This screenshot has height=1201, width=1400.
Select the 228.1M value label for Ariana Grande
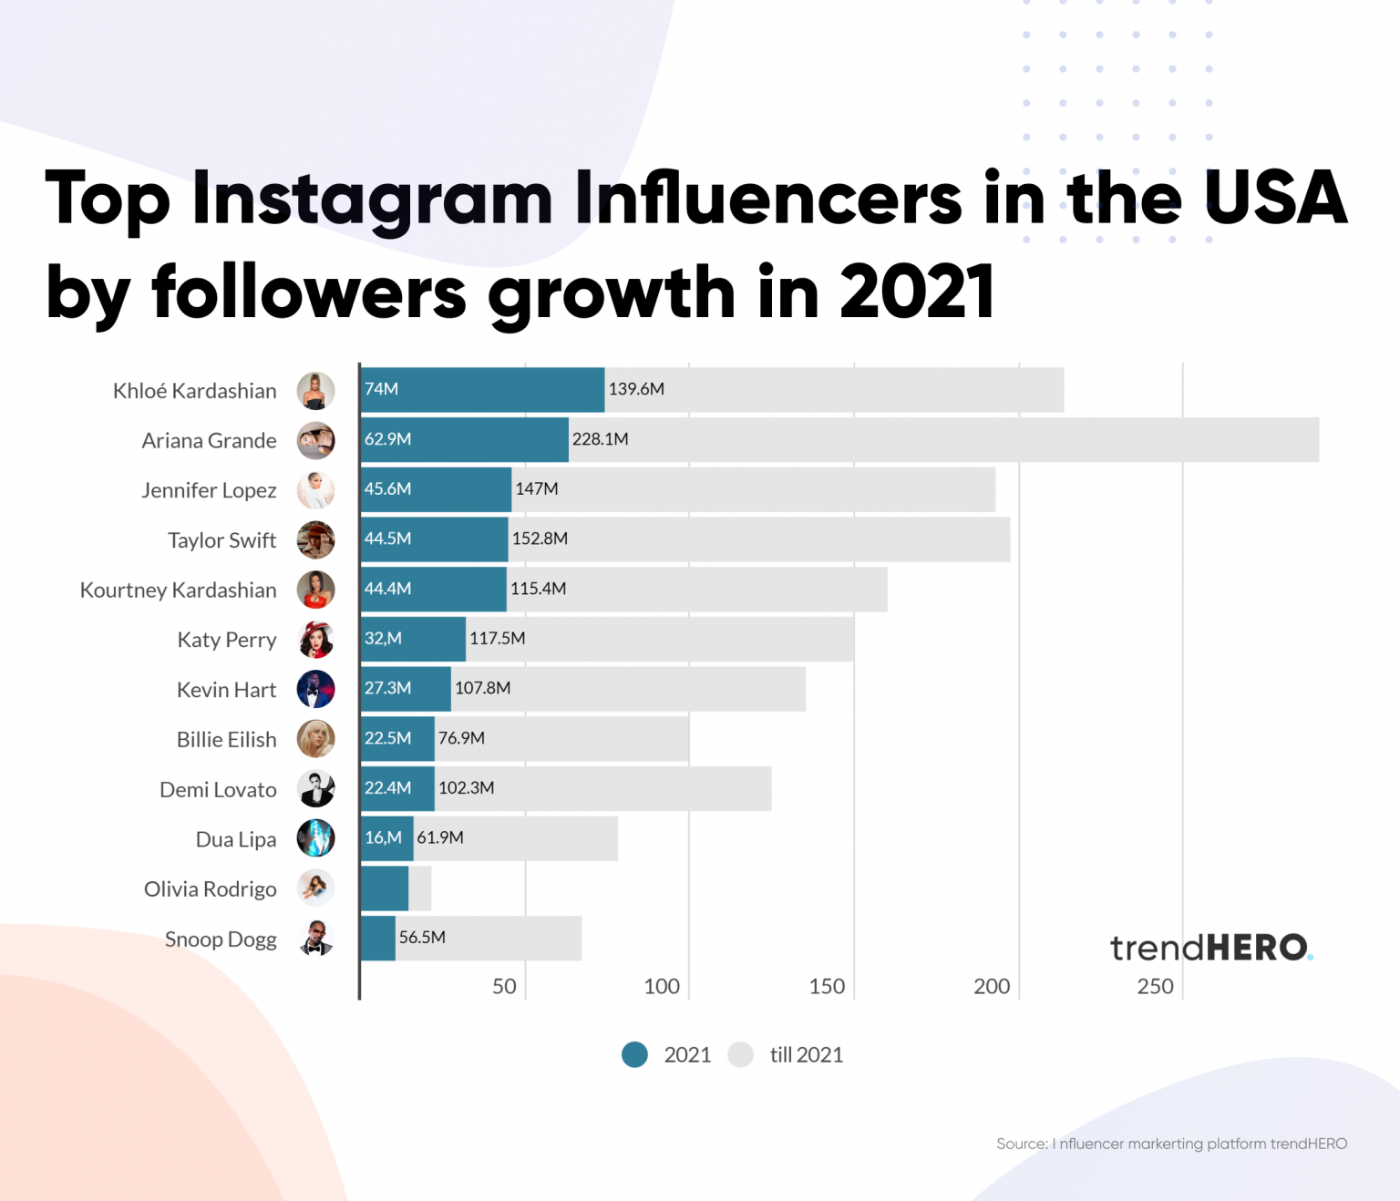tap(600, 439)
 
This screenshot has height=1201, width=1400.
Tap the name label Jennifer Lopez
tap(209, 490)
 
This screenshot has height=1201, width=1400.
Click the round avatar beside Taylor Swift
tap(315, 539)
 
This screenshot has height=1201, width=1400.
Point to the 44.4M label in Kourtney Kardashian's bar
tap(387, 589)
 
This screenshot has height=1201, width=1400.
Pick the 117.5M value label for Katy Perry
tap(497, 638)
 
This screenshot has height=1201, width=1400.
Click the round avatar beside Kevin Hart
tap(315, 689)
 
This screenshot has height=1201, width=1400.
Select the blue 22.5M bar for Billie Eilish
tap(397, 738)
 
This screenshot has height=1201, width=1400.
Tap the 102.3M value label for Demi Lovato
tap(466, 787)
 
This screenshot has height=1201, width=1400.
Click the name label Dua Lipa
tap(236, 839)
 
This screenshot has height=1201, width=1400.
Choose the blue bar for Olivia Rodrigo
tap(384, 888)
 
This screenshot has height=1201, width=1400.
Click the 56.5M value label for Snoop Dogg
tap(422, 937)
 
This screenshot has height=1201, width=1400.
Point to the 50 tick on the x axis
tap(504, 986)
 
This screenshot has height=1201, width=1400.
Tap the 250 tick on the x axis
tap(1155, 986)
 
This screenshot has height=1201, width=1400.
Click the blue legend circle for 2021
tap(634, 1054)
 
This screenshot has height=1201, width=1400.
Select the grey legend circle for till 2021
tap(741, 1054)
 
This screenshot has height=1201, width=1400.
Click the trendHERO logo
tap(1210, 948)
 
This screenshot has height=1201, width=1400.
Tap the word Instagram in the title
tap(372, 199)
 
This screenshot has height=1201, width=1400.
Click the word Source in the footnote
tap(1021, 1144)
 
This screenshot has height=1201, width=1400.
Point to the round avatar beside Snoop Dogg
tap(315, 938)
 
